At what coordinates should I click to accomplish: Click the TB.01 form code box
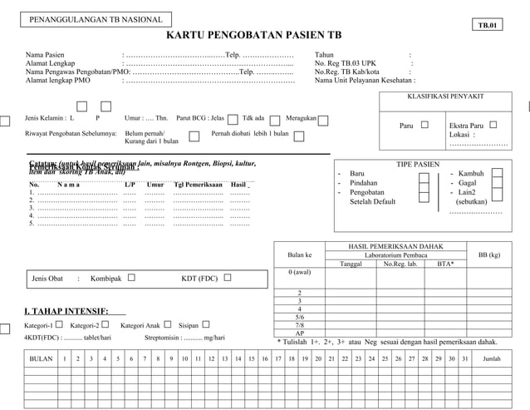point(487,25)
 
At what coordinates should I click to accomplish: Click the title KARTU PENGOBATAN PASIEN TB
point(254,37)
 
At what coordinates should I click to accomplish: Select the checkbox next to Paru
point(425,125)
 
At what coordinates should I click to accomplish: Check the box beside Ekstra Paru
point(493,125)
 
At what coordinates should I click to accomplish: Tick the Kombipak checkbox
point(131,278)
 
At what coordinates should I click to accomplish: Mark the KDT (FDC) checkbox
point(227,278)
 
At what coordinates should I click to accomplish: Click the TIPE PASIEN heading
point(417,163)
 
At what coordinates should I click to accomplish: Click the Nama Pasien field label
point(47,56)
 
